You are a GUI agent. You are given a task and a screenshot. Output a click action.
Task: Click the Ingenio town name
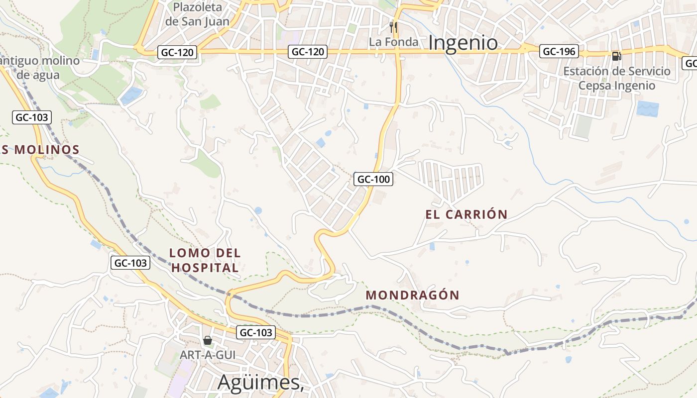463,43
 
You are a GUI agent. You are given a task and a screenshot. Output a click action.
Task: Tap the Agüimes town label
260,382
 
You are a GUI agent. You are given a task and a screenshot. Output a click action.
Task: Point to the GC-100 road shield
373,179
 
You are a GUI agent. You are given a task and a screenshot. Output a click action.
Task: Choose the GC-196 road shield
559,51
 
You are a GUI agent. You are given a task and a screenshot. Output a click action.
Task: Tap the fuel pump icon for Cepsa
616,56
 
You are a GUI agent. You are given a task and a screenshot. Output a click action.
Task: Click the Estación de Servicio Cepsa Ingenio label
616,78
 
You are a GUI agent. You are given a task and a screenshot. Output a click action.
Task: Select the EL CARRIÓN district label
466,214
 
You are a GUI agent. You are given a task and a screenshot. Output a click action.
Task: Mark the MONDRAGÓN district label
413,295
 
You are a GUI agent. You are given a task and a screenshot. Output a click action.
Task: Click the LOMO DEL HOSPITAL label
205,260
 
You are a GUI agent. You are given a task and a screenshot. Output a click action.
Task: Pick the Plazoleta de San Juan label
198,14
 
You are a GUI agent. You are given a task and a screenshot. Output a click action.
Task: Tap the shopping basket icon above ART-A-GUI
208,340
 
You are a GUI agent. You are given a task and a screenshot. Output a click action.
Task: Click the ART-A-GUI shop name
208,355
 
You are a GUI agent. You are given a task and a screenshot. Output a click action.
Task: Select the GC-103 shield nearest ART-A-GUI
256,332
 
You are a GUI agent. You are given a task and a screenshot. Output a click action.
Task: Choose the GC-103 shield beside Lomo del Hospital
130,263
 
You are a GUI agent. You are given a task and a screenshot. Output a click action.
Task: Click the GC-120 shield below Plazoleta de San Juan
178,52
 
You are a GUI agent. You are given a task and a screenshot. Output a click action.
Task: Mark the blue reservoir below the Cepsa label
648,108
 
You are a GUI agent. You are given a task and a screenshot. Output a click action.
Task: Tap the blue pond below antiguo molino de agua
131,95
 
